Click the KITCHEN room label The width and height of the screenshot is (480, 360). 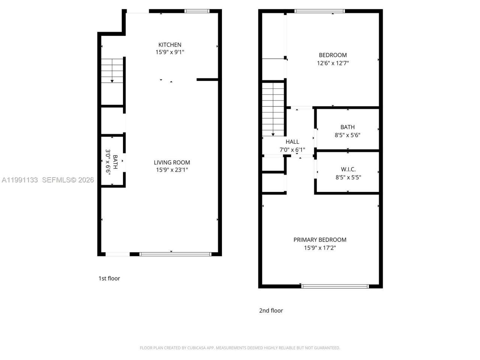[169, 45]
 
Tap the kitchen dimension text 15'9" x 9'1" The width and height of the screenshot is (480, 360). [169, 52]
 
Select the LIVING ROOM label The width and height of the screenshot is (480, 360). [172, 162]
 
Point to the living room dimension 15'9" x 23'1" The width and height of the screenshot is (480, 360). [172, 170]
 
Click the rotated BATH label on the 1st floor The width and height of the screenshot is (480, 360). [115, 162]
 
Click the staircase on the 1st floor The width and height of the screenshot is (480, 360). [112, 70]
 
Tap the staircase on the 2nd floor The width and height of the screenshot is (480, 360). [273, 109]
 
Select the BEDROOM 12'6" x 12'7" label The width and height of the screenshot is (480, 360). [333, 55]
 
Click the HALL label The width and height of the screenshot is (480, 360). [292, 142]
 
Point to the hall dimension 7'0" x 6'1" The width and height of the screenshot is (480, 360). [292, 150]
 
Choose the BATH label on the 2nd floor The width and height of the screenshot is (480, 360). [347, 127]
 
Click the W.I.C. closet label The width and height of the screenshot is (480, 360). [348, 169]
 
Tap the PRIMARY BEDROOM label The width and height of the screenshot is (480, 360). [319, 240]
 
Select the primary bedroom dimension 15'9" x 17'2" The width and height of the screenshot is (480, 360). [319, 248]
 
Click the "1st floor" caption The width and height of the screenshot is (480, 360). [109, 278]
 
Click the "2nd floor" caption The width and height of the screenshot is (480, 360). [271, 310]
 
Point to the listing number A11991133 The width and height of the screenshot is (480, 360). [20, 180]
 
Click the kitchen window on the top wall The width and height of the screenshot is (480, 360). [197, 11]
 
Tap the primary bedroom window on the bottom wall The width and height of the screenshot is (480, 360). [335, 286]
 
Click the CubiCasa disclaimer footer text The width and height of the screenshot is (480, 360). [240, 348]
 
